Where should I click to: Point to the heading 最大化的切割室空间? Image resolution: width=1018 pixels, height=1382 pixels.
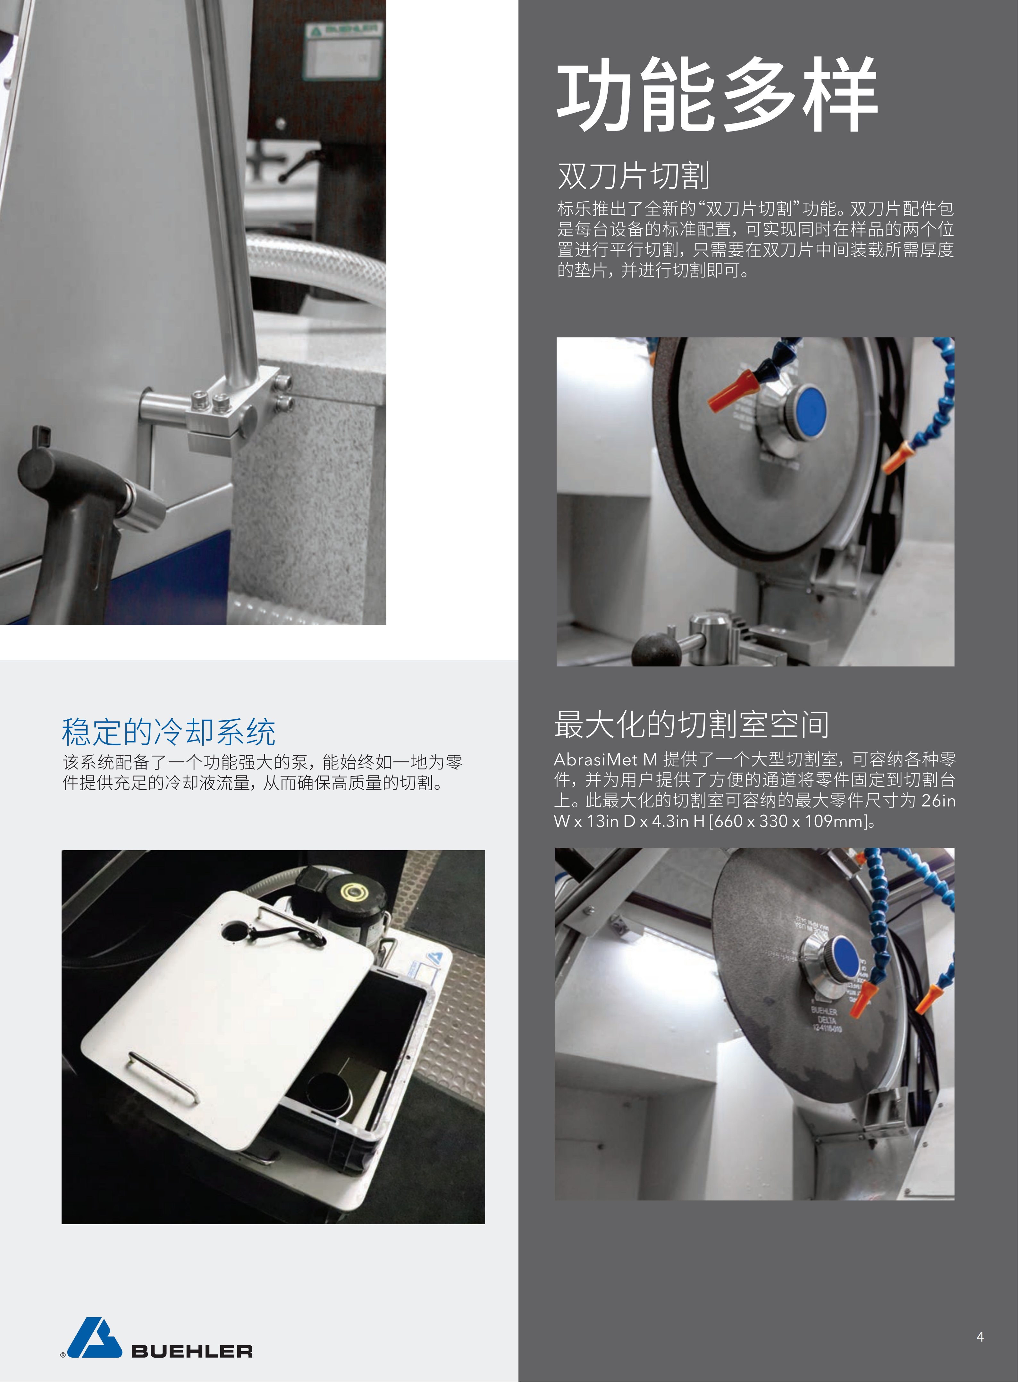[691, 724]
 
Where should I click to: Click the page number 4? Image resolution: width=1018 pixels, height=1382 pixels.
[980, 1336]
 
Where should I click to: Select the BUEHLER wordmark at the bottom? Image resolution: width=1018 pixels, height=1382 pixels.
[192, 1351]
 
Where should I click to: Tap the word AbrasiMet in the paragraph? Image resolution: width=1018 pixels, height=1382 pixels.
[595, 759]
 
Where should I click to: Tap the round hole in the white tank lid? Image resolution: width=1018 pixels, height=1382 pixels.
[234, 931]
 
